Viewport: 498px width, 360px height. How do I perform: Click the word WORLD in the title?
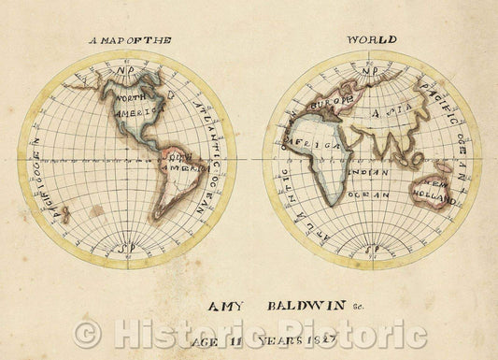point(372,39)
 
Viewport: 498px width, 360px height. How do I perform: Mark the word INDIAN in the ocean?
point(365,172)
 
